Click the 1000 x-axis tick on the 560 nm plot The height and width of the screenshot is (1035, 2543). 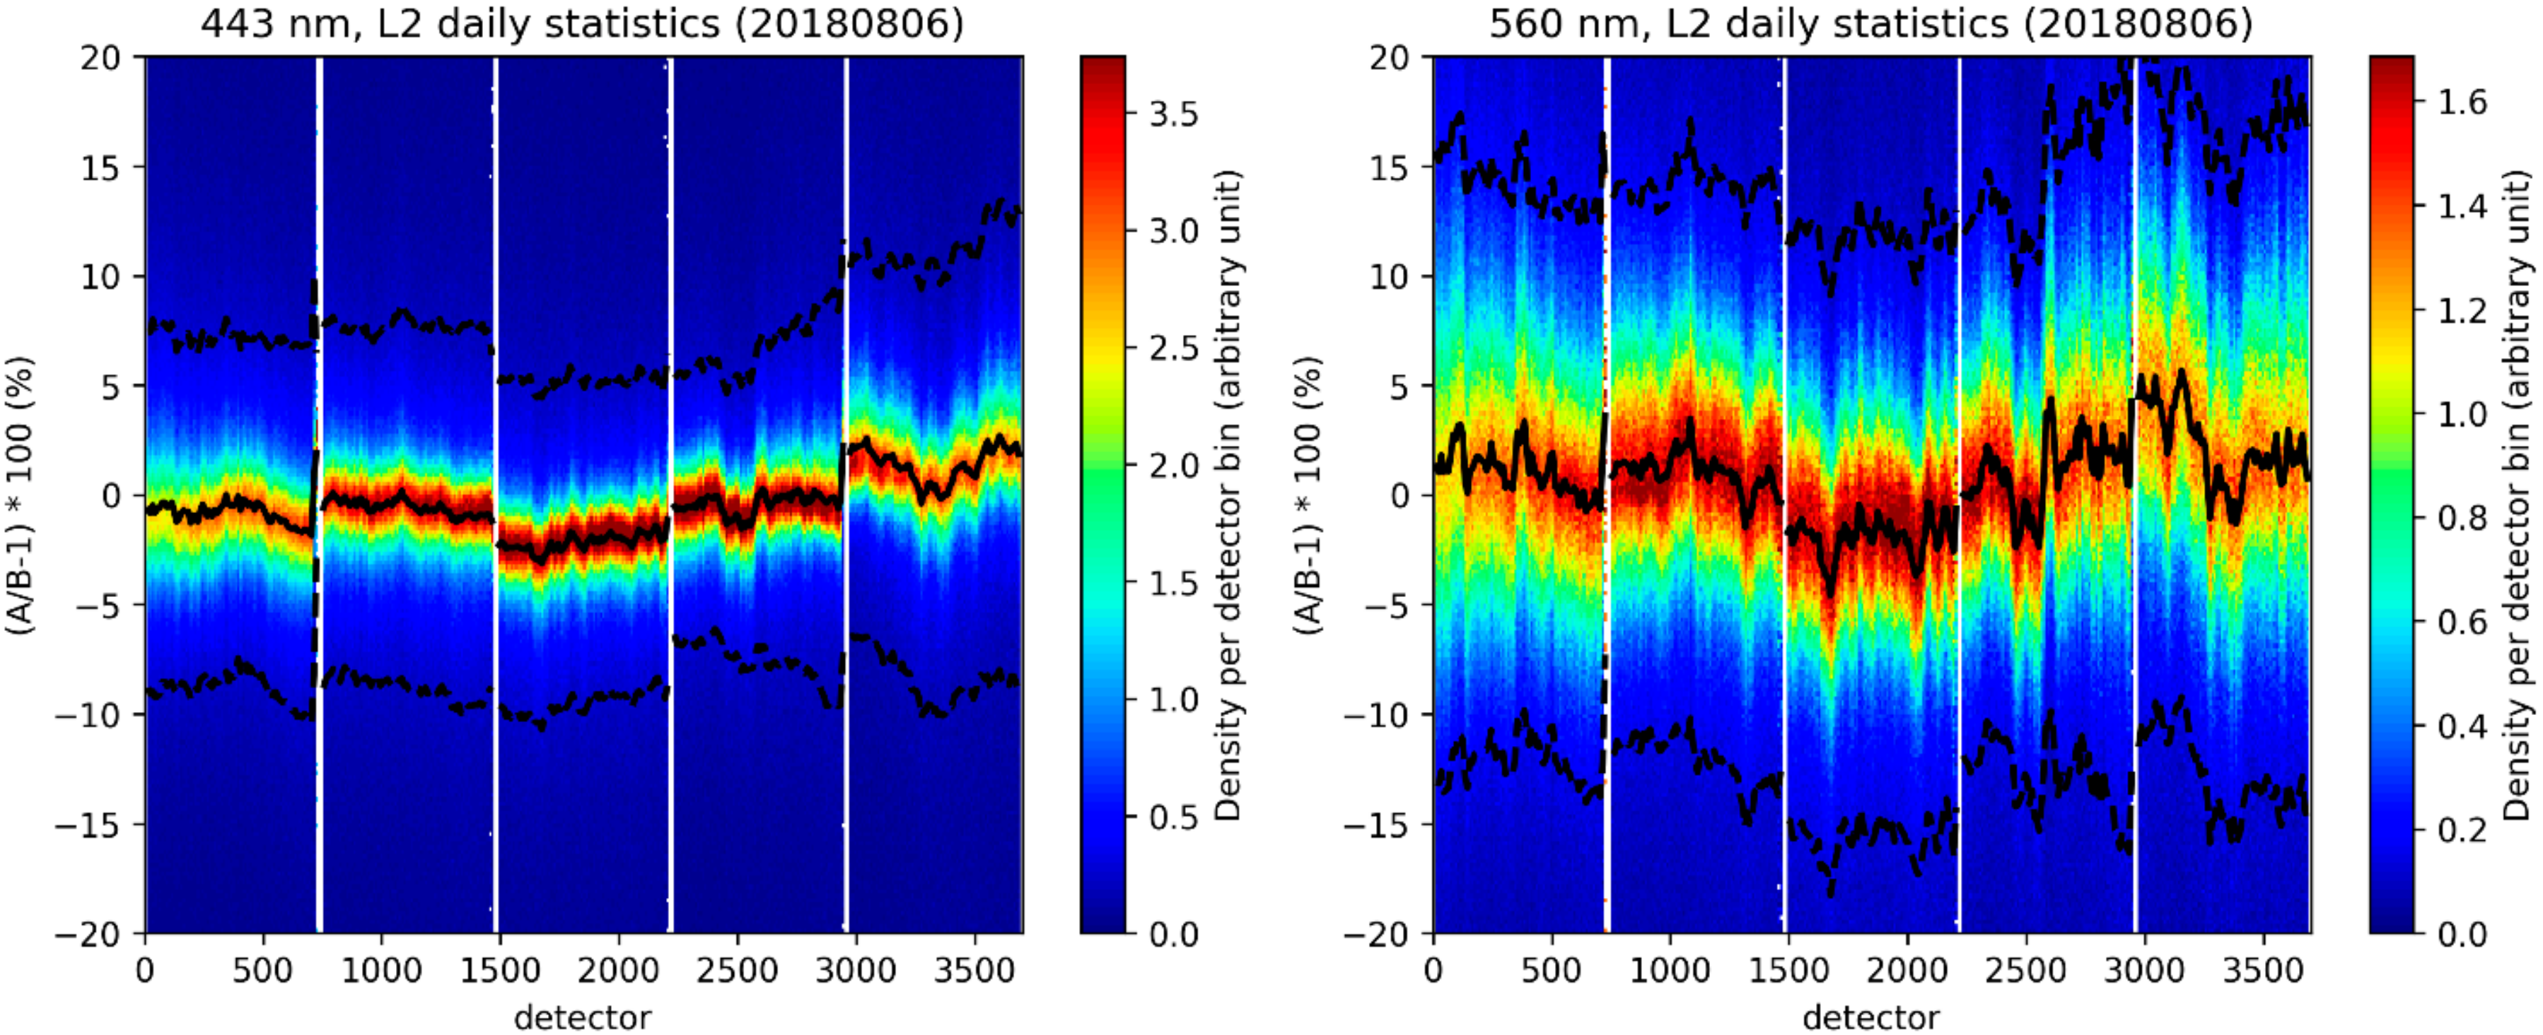[x=1670, y=970]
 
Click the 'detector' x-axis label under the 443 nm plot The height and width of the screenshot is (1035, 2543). [x=583, y=1016]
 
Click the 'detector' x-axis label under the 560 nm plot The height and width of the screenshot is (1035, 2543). [x=1870, y=1016]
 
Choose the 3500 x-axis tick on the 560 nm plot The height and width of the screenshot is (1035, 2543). [x=2262, y=970]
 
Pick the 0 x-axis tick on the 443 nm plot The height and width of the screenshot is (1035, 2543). [x=145, y=970]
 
